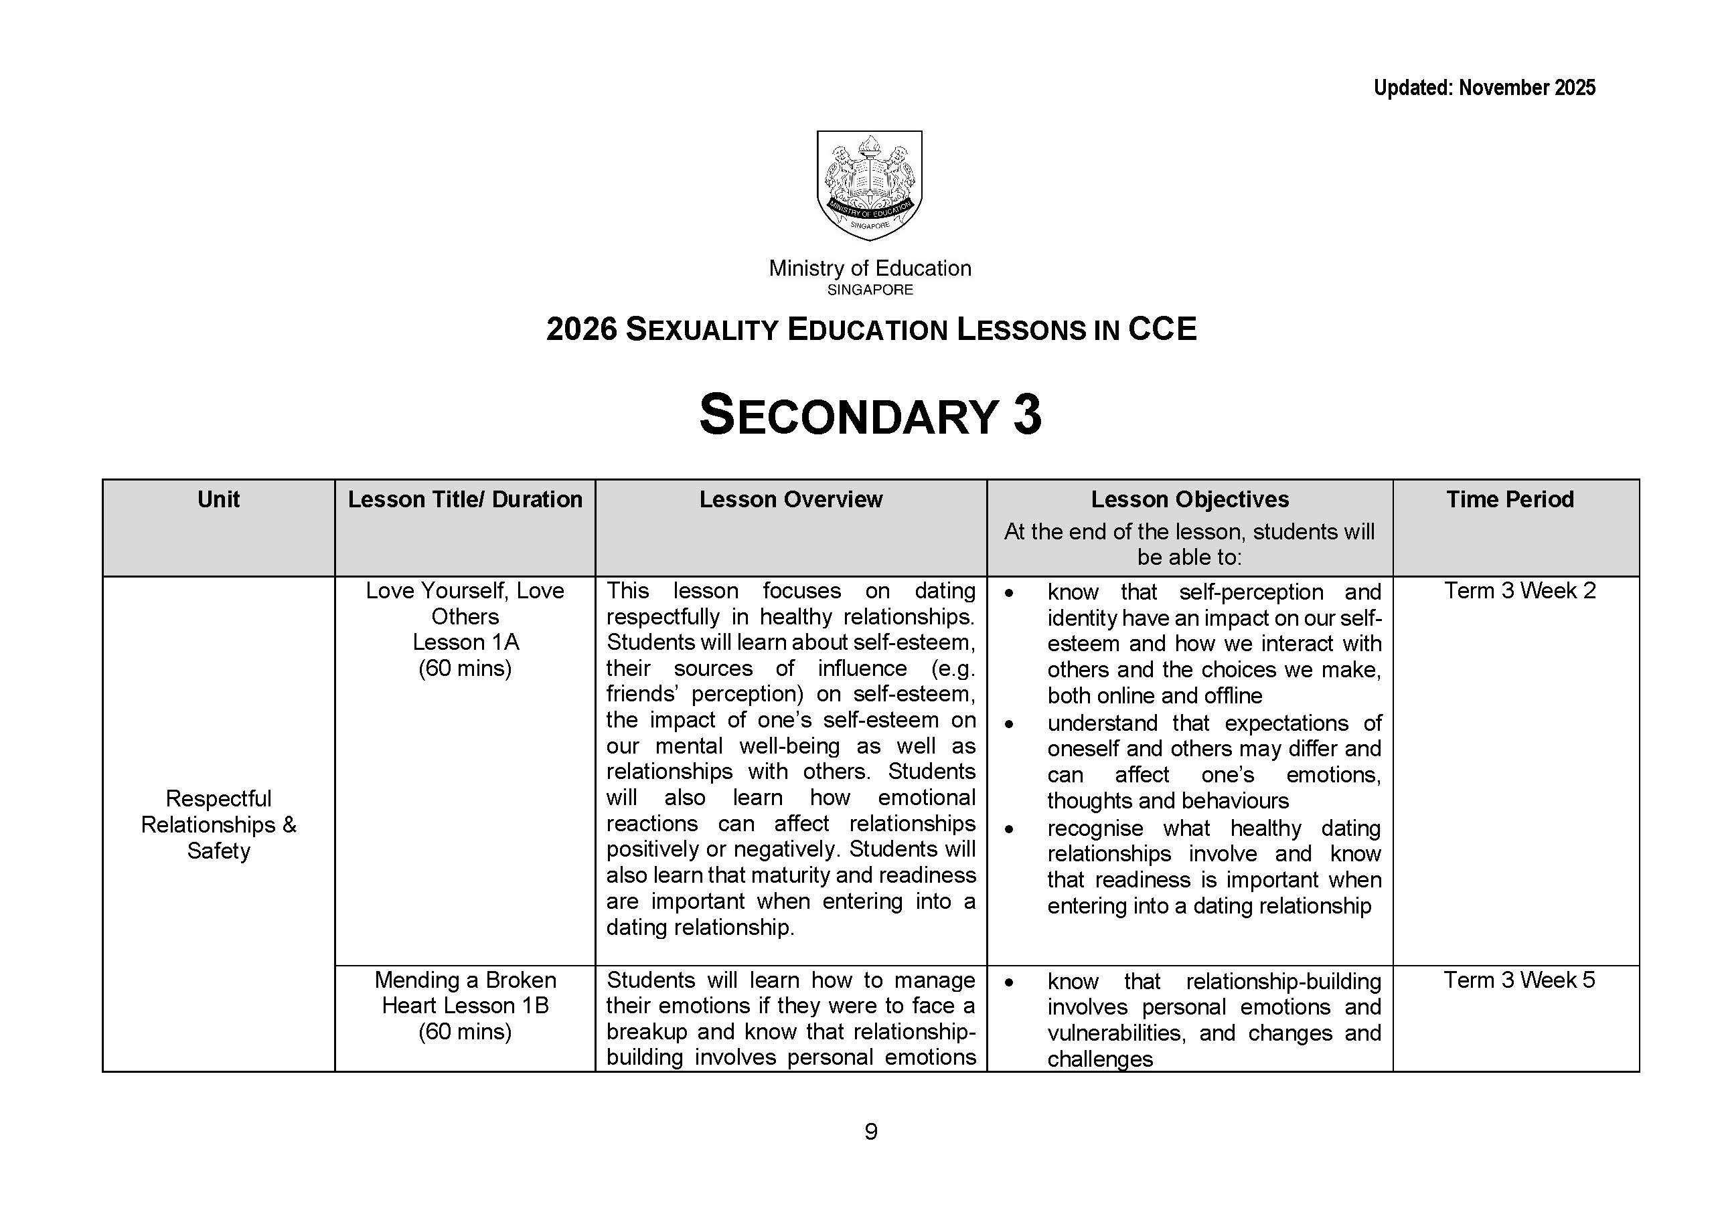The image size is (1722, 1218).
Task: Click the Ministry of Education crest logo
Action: click(869, 185)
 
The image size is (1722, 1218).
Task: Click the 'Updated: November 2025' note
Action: click(1484, 88)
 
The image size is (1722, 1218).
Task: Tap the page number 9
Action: click(870, 1131)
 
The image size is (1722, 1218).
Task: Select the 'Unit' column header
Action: click(218, 499)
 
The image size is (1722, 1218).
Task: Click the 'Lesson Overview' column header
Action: click(791, 499)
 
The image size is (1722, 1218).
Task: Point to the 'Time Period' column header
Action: click(1510, 499)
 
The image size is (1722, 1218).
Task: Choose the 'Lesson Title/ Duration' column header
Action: click(465, 499)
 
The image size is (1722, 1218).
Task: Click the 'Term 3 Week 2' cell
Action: click(1519, 591)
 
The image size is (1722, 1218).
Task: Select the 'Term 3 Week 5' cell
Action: click(1519, 980)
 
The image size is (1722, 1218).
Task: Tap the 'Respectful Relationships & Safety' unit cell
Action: click(218, 824)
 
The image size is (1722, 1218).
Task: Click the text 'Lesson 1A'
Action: click(465, 642)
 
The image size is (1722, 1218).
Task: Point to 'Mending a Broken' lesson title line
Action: click(465, 980)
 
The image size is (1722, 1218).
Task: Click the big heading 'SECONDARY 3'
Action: click(870, 415)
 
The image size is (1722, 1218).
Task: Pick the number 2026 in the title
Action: click(582, 329)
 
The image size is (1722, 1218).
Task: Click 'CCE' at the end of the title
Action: click(1162, 329)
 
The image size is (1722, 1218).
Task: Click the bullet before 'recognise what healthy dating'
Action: click(1009, 829)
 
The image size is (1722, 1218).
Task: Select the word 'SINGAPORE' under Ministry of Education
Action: click(870, 290)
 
